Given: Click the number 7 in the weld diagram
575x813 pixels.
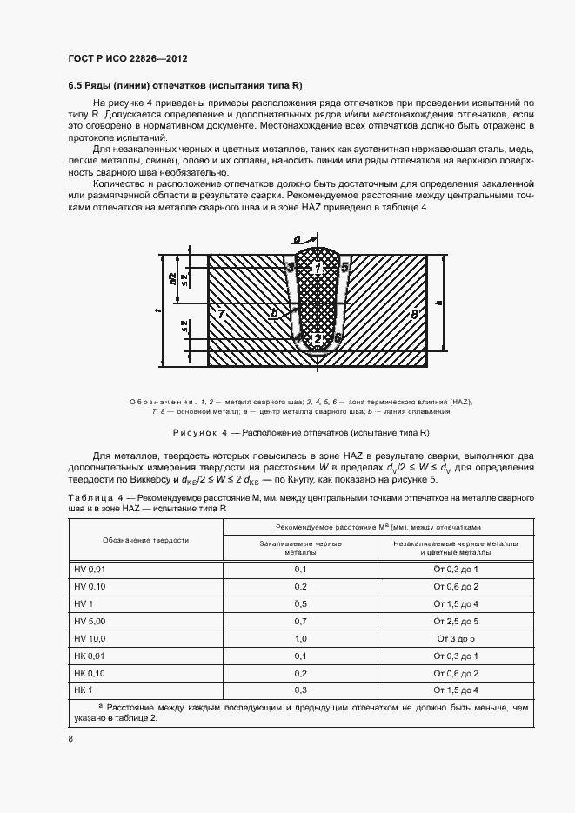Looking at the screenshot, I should click(222, 312).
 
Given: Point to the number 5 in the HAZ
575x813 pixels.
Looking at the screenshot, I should click(345, 266).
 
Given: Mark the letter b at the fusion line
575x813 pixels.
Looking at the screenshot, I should click(275, 312).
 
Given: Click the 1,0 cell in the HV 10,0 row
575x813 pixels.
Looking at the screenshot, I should click(301, 638).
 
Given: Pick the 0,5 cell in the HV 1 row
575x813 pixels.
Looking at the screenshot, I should click(301, 603).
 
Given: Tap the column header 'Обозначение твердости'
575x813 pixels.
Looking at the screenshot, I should click(146, 540).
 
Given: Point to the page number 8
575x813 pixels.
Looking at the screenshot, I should click(70, 738).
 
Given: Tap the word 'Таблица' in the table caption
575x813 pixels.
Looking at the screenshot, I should click(91, 496).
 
